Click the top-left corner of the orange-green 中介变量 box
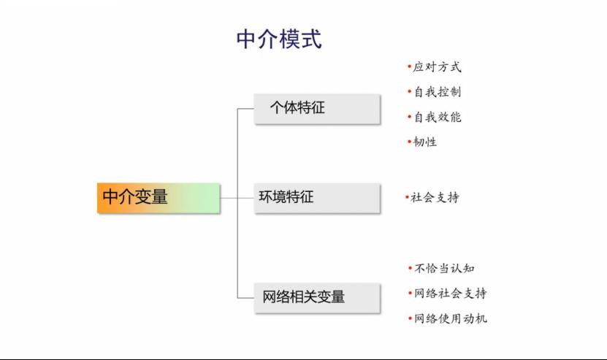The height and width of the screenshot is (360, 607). pos(97,183)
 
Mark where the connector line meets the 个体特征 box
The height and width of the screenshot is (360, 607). pos(254,109)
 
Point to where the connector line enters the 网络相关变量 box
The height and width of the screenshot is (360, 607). pos(254,298)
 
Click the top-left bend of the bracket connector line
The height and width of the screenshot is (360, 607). pos(237,109)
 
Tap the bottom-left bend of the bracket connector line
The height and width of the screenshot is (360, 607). pos(237,298)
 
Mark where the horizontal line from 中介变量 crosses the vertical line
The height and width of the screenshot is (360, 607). pos(237,198)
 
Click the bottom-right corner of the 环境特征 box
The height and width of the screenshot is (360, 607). pos(380,212)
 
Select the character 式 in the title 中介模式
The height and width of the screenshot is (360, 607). pos(311,39)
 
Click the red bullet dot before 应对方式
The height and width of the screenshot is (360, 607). pos(409,66)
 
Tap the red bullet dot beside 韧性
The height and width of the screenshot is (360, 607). pos(409,142)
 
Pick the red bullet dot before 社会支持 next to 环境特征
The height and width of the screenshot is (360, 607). pos(407,197)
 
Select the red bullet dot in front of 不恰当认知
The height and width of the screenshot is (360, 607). pos(410,268)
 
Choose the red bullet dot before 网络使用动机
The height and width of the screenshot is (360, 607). pos(410,318)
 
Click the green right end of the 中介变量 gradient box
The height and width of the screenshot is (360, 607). pos(219,198)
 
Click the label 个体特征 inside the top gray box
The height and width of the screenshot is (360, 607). pos(297,107)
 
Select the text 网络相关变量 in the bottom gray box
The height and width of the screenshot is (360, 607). pos(304,297)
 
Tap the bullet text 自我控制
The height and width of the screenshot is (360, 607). pos(438,92)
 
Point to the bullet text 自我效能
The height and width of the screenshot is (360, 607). pos(438,117)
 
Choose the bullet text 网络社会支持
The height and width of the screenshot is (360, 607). pos(450,293)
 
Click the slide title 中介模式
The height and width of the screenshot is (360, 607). pos(279,39)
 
